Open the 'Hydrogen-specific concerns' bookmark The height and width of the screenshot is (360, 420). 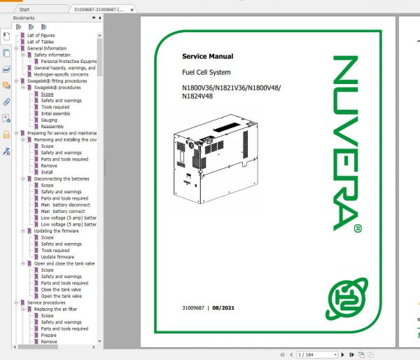pos(60,74)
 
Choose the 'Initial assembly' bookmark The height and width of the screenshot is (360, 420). pos(55,113)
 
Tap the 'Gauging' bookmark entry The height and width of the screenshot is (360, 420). pos(49,120)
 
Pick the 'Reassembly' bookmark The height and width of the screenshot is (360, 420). pos(52,126)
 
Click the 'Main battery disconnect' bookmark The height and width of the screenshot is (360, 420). pos(64,205)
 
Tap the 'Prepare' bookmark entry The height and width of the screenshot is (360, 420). pos(49,335)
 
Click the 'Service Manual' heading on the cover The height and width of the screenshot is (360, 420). pos(207,56)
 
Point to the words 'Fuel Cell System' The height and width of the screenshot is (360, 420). pos(206,72)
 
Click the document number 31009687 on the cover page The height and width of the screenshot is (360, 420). pos(193,309)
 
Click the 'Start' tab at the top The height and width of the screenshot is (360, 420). pos(24,10)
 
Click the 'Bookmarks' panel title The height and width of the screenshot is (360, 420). pos(24,19)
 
